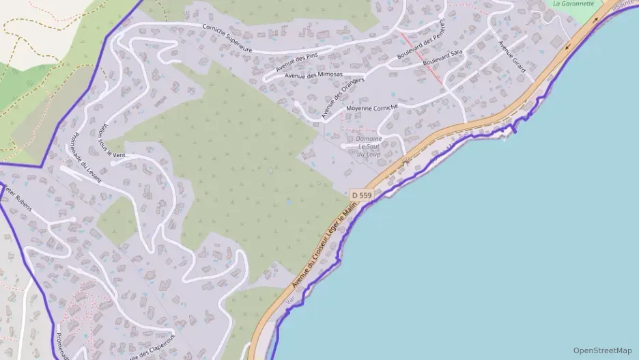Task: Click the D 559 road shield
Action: coord(361,195)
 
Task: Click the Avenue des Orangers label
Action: coord(343,97)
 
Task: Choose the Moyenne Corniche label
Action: coord(371,107)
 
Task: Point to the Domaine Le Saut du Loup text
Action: coord(369,146)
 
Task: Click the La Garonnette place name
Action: coord(573,3)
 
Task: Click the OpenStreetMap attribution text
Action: coord(602,350)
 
